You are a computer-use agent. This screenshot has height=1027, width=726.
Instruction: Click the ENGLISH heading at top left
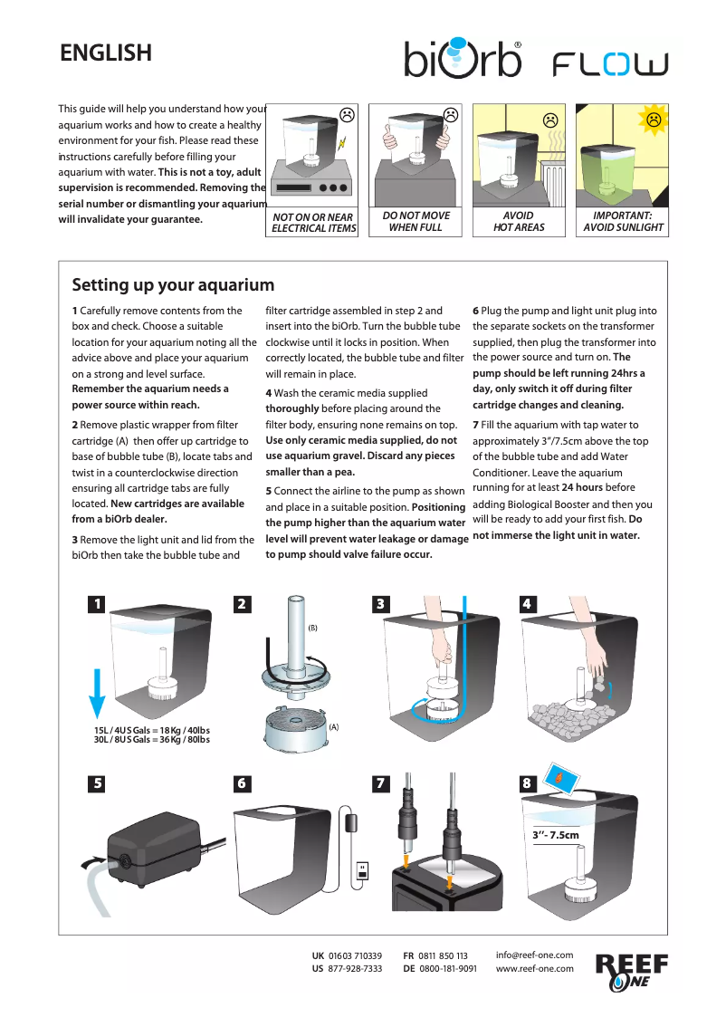pyautogui.click(x=106, y=53)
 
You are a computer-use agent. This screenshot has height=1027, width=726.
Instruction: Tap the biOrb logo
pyautogui.click(x=463, y=57)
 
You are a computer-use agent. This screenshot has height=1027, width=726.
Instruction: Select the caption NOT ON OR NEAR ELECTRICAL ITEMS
pyautogui.click(x=314, y=223)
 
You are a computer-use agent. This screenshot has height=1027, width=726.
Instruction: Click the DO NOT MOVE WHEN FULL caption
pyautogui.click(x=416, y=222)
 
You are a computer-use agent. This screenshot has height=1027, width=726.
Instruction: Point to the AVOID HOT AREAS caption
pyautogui.click(x=519, y=222)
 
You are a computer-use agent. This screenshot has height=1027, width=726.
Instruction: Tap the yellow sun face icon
pyautogui.click(x=653, y=119)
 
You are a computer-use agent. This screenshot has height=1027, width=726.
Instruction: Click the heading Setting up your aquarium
pyautogui.click(x=173, y=285)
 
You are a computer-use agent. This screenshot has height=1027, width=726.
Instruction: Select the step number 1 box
pyautogui.click(x=97, y=604)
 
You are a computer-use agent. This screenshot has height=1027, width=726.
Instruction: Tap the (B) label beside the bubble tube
pyautogui.click(x=313, y=628)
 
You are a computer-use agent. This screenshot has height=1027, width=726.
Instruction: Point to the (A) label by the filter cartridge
pyautogui.click(x=333, y=727)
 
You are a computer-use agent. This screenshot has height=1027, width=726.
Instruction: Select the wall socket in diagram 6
pyautogui.click(x=363, y=870)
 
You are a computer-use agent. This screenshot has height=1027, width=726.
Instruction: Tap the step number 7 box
pyautogui.click(x=382, y=784)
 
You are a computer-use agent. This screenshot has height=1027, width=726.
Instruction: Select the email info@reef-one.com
pyautogui.click(x=535, y=955)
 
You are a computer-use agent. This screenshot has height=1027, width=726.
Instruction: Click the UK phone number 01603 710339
pyautogui.click(x=355, y=956)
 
